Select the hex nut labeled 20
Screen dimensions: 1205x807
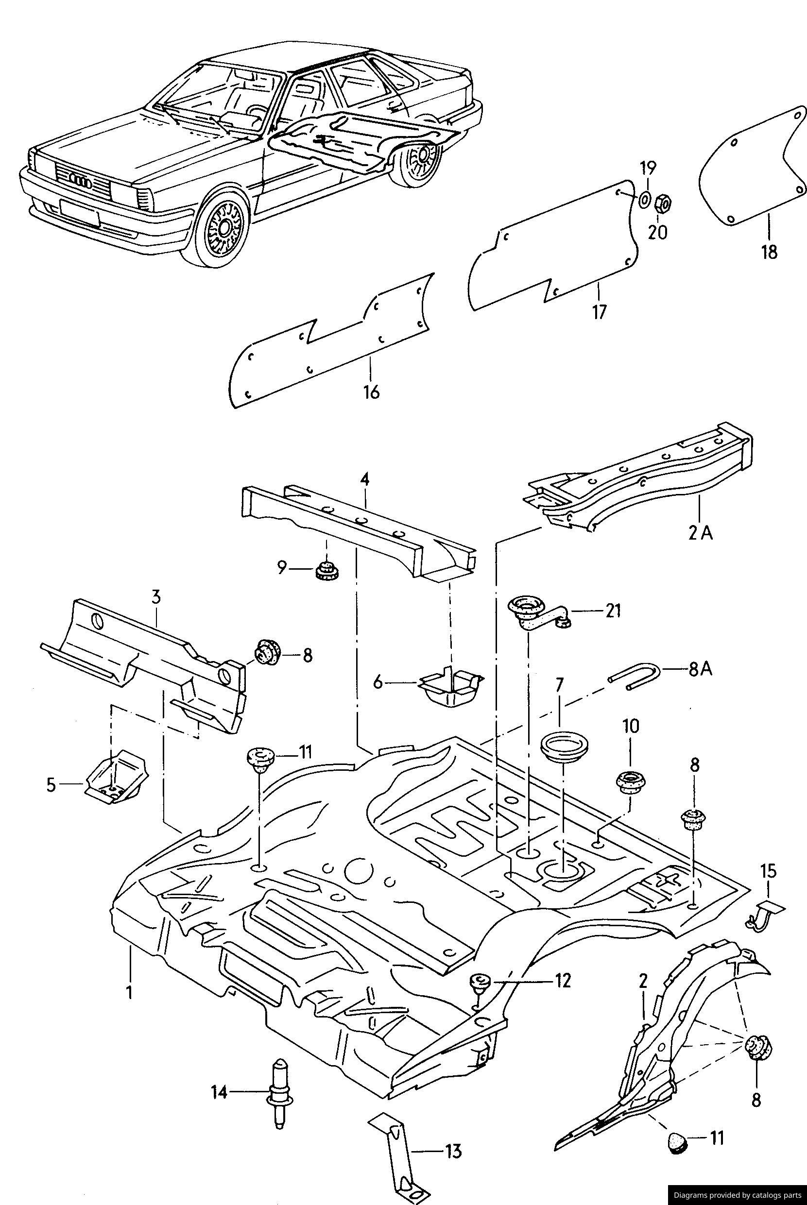tap(663, 204)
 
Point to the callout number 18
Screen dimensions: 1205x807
tap(770, 253)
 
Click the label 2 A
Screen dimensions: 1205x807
tap(701, 534)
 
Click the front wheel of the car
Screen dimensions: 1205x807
tap(225, 227)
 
